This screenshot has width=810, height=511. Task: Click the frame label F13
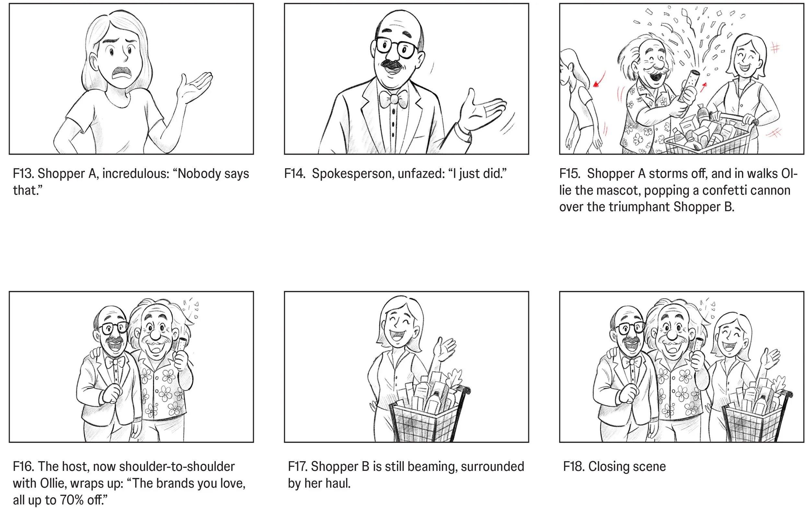[x=23, y=174]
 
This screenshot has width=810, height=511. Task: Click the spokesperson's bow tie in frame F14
[x=393, y=99]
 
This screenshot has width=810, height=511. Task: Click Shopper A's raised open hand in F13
[x=194, y=87]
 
